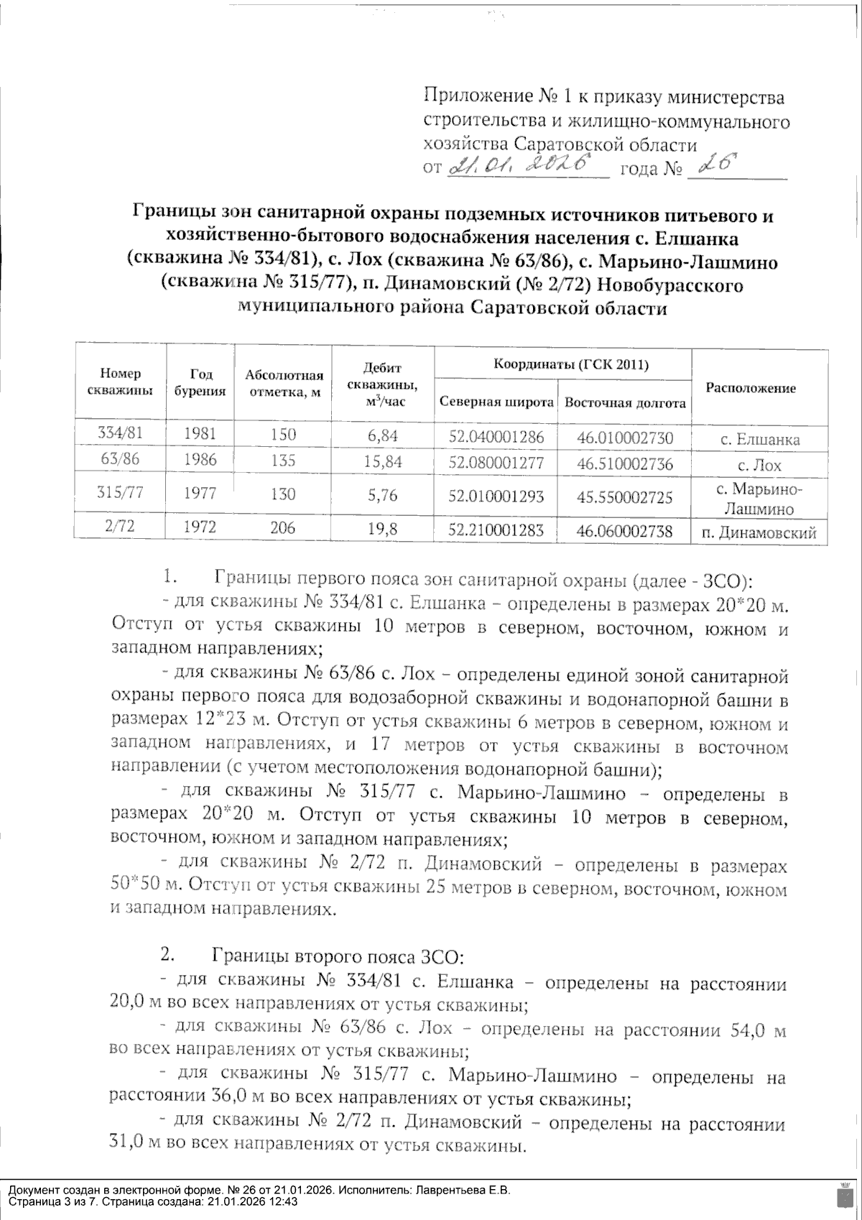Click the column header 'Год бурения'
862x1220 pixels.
pos(200,382)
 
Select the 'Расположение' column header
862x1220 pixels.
pos(751,388)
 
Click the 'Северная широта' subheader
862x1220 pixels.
pos(496,402)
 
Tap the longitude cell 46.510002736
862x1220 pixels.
pos(625,464)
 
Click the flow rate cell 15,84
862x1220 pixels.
pos(383,461)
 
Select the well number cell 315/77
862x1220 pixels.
pos(119,492)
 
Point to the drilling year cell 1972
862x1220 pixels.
pos(200,527)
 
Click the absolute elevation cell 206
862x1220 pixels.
pos(283,528)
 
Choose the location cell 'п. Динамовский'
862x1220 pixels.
pos(759,533)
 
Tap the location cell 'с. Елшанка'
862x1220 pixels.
pos(760,439)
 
